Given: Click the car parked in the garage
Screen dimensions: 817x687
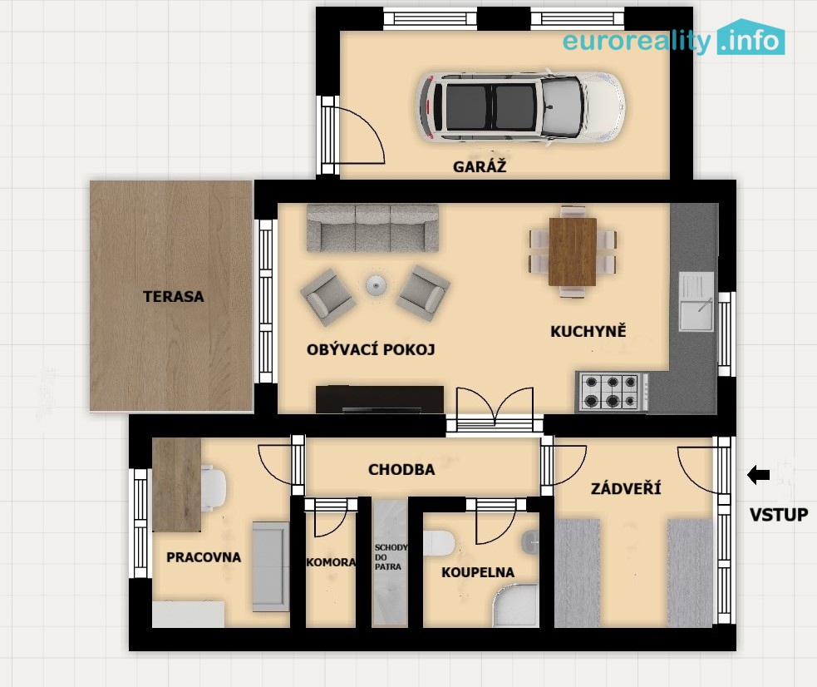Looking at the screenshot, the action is tap(520, 106).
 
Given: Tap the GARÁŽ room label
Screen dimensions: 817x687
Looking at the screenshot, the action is tap(480, 166).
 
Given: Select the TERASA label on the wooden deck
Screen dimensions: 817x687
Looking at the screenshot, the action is tap(174, 297).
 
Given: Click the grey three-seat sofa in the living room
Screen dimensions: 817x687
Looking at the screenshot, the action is tap(372, 228).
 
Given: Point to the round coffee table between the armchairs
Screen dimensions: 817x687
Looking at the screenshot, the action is tap(376, 285).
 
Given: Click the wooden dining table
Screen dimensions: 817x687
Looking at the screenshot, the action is tap(573, 252).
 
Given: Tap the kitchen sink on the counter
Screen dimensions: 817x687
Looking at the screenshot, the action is tap(696, 301).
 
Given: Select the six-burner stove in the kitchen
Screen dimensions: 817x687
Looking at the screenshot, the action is tap(613, 392).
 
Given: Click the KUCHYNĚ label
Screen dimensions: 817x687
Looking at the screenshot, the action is tap(588, 331).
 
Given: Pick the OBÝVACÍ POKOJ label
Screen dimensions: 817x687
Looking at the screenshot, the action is tap(371, 349).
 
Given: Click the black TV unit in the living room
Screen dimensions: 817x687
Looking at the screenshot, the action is tap(380, 399).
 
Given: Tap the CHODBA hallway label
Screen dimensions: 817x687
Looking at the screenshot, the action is tap(401, 470).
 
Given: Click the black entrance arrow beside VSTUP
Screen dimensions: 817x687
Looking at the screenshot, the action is tap(759, 475).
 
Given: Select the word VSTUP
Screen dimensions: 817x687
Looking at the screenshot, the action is tap(779, 515).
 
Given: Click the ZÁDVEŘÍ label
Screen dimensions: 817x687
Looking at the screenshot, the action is tap(626, 488).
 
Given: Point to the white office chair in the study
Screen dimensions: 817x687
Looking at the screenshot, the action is tap(213, 487).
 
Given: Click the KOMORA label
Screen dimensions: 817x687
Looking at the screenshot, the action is tap(331, 562).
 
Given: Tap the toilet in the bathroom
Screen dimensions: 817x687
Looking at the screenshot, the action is tap(439, 543).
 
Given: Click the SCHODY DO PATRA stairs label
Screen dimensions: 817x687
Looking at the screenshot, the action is tap(391, 556).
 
